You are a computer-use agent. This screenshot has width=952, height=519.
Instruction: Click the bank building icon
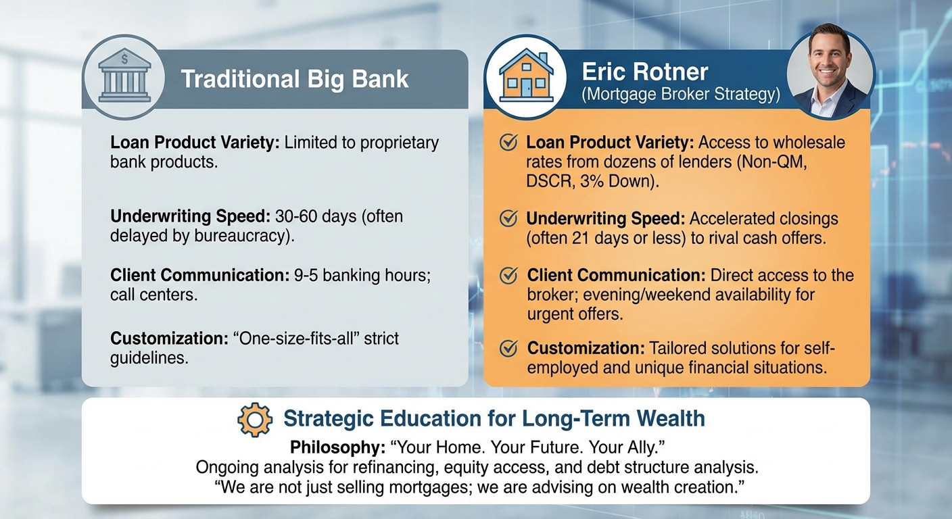tap(124, 76)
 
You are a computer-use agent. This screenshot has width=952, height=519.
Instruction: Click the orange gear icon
tap(255, 420)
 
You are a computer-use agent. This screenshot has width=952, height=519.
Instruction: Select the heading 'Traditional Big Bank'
tap(295, 80)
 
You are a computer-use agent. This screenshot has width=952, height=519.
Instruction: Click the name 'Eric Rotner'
tap(645, 72)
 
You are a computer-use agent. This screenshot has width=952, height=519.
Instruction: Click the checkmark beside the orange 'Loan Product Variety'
tap(508, 143)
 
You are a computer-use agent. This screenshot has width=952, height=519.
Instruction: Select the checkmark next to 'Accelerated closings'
tap(508, 219)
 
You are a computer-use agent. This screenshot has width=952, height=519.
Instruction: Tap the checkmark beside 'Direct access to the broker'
tap(508, 276)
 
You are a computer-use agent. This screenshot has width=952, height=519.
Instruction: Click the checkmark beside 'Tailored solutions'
tap(508, 349)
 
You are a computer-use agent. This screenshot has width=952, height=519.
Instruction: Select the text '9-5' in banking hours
tap(306, 275)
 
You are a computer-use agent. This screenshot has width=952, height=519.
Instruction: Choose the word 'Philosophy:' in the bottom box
tap(338, 447)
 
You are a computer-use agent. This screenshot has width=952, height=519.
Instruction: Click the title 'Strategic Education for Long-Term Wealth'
tap(494, 418)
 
